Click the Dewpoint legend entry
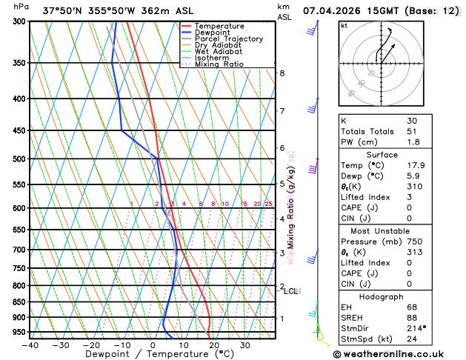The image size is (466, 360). [214, 33]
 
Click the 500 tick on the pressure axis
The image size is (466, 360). [20, 159]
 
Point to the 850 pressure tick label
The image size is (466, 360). [20, 302]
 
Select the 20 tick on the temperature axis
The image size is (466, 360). [214, 345]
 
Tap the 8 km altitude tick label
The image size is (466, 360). [282, 73]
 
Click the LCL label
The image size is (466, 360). [290, 291]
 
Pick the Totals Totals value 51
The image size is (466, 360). [411, 131]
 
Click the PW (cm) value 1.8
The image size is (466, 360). [411, 142]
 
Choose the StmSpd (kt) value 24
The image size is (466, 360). [411, 339]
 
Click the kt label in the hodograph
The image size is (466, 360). [344, 25]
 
